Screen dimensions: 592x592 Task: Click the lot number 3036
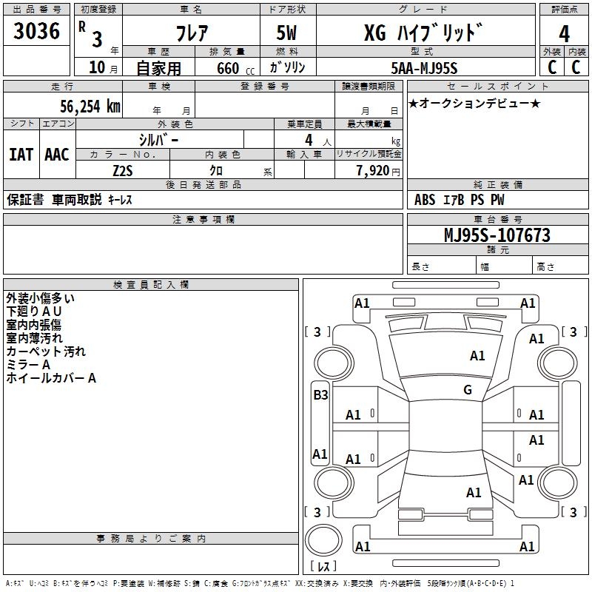[36, 32]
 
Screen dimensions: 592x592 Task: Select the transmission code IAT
[21, 154]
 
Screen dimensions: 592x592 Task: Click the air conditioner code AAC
[56, 154]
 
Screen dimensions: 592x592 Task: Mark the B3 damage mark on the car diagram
[320, 395]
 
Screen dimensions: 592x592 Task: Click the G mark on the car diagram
[468, 390]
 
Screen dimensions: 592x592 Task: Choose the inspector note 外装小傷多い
[40, 298]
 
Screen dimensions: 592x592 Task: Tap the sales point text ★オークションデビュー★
[474, 103]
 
